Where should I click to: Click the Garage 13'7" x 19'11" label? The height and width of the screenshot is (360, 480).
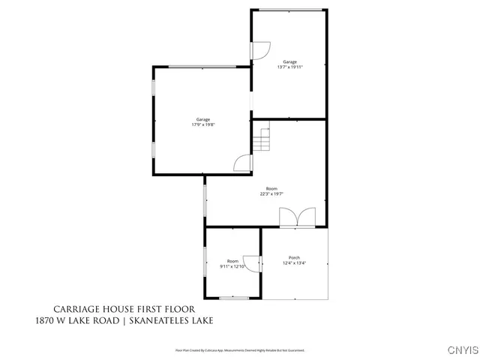(289, 64)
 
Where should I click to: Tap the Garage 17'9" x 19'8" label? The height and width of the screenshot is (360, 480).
(202, 122)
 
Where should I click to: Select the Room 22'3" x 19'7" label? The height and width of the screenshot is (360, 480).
(271, 190)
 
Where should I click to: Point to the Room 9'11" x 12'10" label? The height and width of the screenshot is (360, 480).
(232, 263)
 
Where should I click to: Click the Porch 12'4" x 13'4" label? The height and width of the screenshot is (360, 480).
(295, 260)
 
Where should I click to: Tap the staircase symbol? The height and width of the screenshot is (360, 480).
(261, 140)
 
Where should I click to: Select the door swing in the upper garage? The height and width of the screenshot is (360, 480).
(259, 49)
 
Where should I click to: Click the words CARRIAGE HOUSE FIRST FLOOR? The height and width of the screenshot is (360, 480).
(124, 309)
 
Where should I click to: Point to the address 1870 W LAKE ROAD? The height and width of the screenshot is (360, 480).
(78, 320)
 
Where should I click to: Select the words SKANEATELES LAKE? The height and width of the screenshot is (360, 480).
(171, 320)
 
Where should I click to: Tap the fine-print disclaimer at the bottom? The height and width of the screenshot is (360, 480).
(240, 349)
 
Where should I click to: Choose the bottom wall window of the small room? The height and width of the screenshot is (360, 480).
(233, 298)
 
